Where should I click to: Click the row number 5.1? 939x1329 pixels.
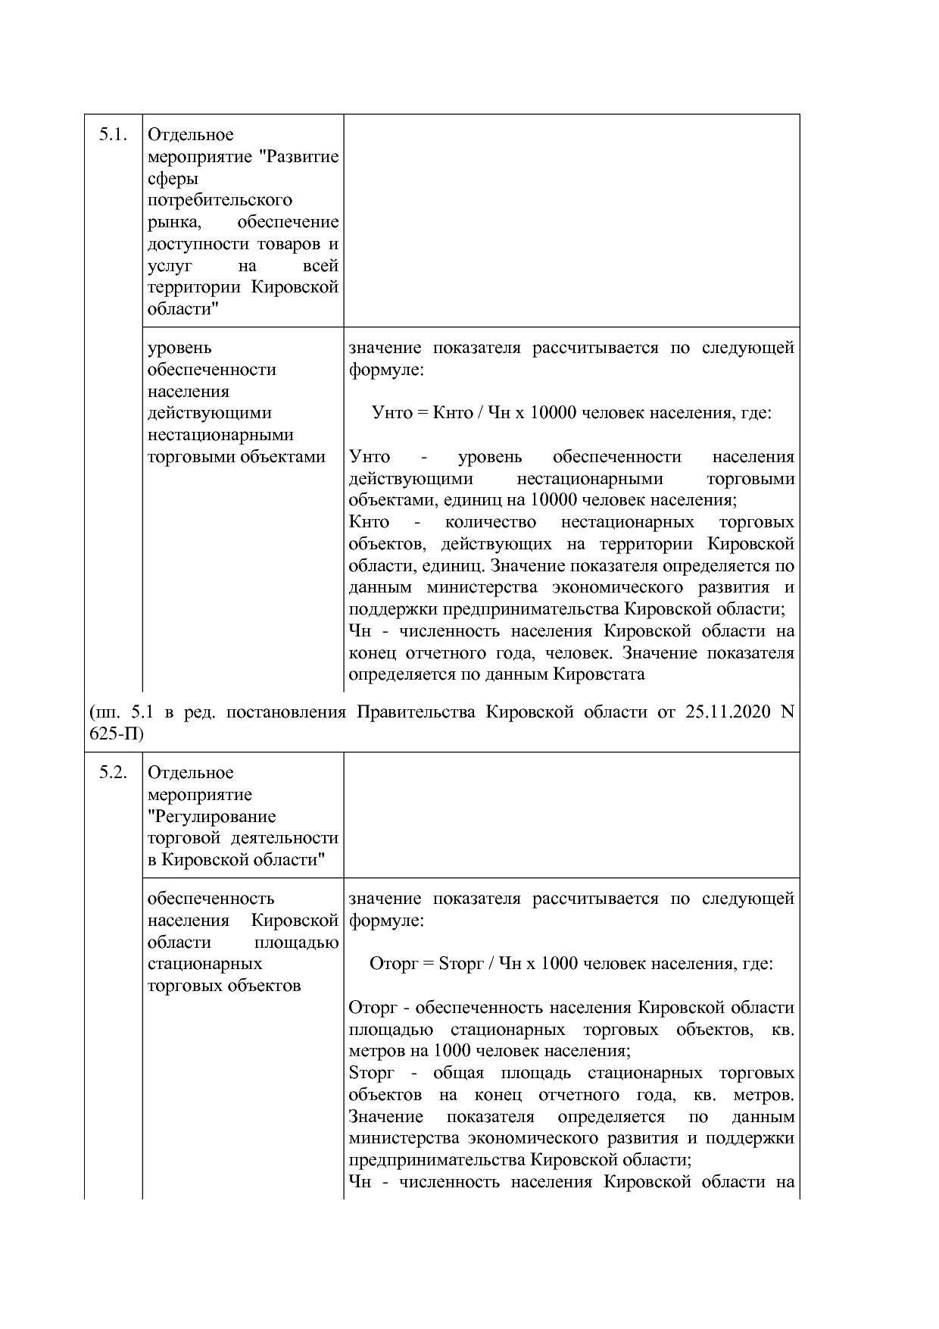tap(112, 135)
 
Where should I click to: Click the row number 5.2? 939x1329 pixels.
tap(112, 773)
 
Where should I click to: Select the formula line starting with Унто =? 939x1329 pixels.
tap(572, 413)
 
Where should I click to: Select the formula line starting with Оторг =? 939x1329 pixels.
tap(572, 964)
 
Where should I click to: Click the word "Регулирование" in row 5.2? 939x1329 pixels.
tap(212, 817)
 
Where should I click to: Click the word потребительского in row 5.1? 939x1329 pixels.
tap(220, 201)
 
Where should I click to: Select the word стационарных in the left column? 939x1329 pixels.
tap(204, 964)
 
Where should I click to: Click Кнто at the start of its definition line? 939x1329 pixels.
tap(369, 522)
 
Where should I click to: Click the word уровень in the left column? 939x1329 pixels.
tap(179, 348)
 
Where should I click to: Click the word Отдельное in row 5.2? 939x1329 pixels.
tap(191, 773)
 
